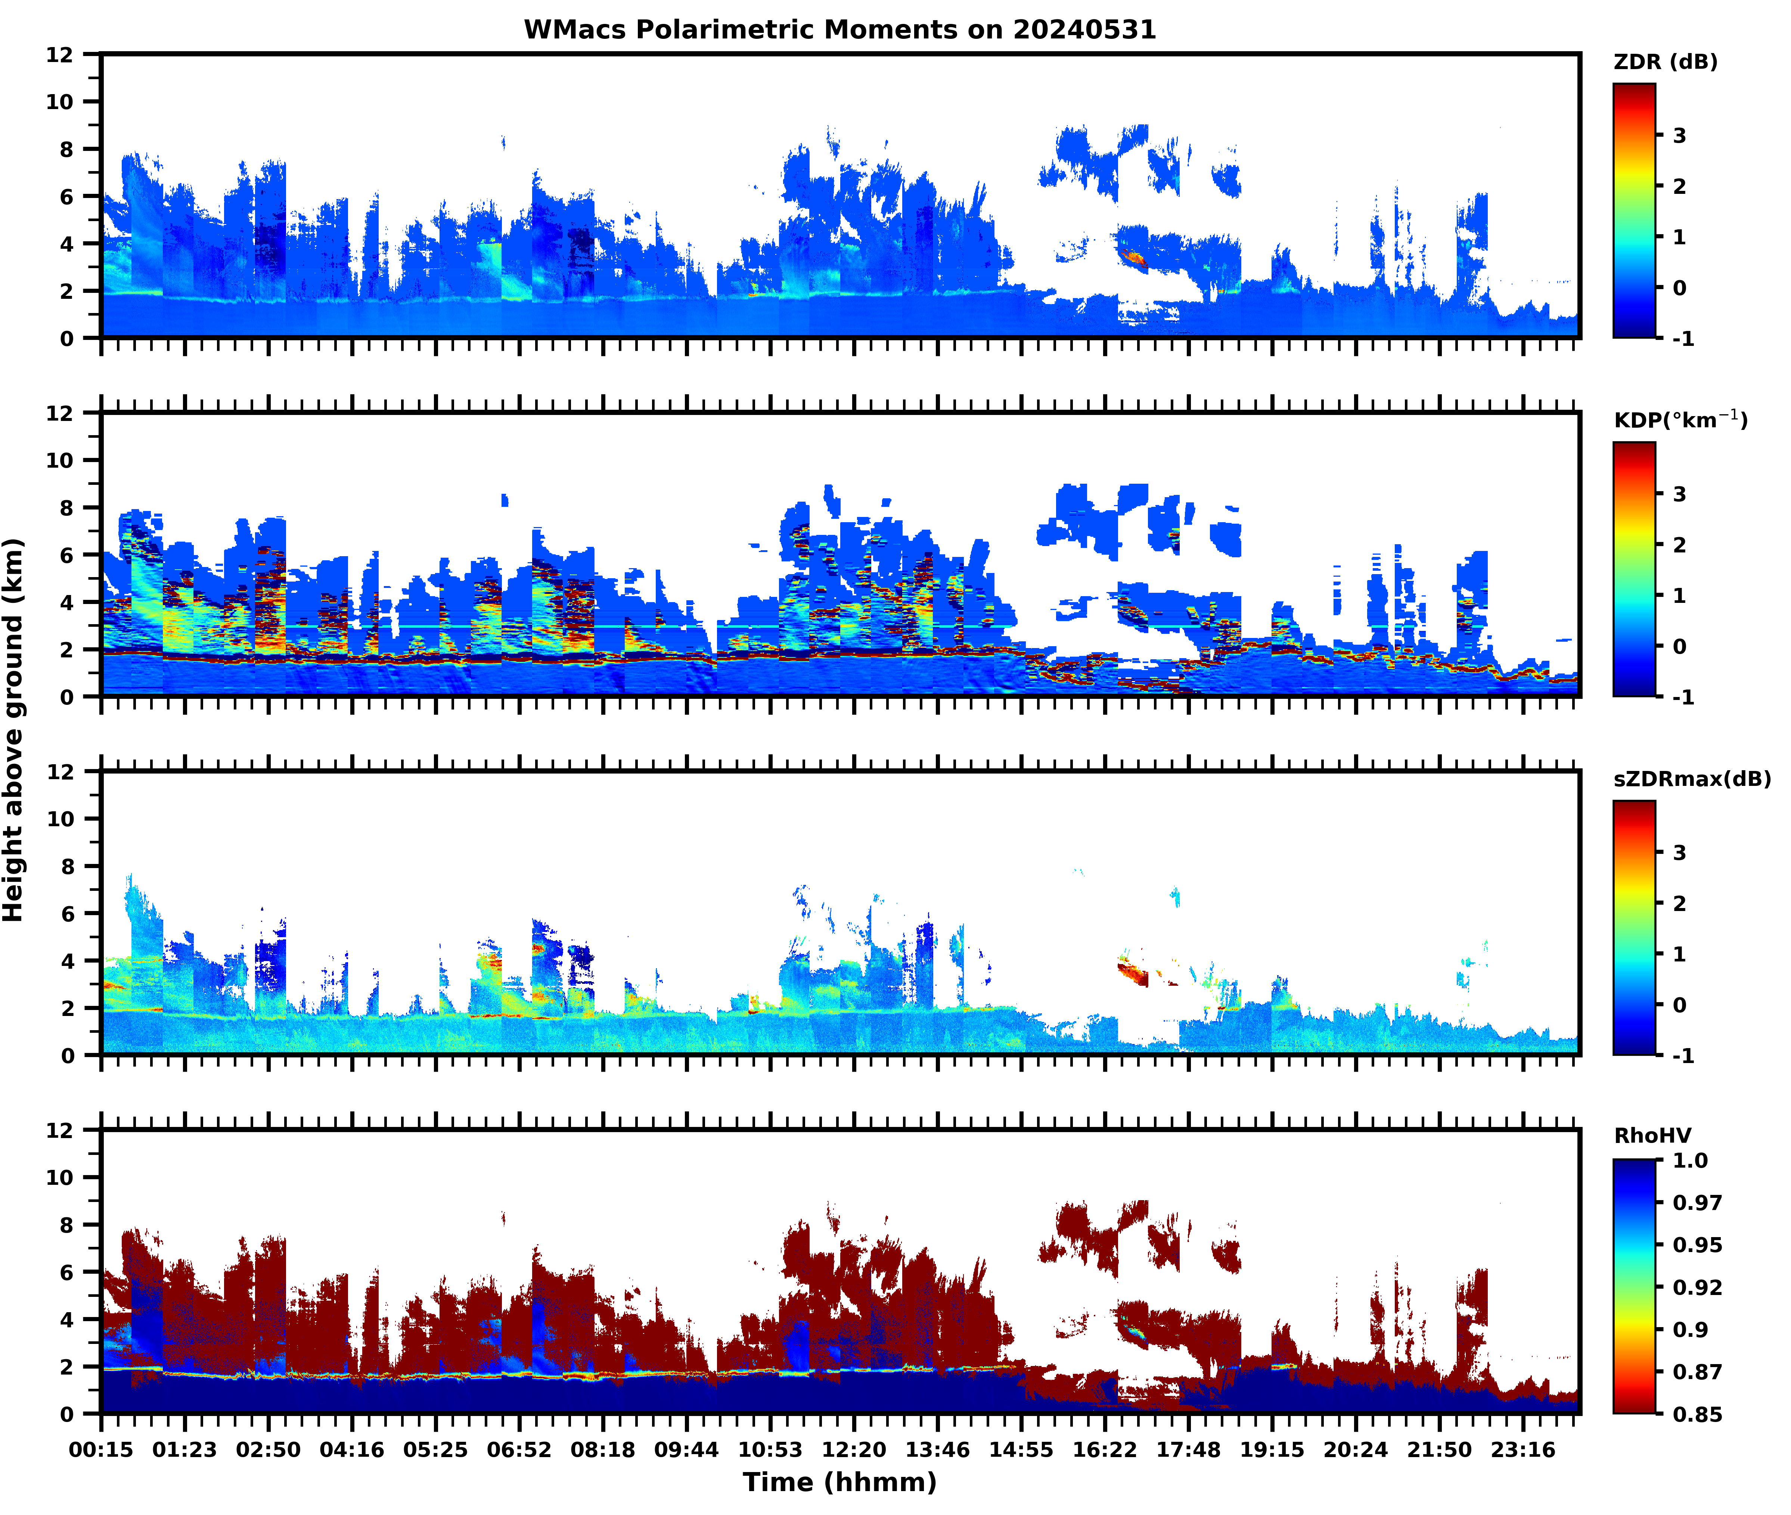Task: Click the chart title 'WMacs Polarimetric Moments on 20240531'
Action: pos(840,30)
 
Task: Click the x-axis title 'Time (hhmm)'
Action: pos(840,1481)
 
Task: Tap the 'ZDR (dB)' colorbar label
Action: pos(1666,62)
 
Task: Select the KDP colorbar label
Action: pos(1680,420)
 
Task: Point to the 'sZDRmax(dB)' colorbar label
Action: pos(1691,779)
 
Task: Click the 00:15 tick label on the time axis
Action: pos(101,1450)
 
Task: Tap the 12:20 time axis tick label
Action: pos(853,1450)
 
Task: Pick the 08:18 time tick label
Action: pos(603,1450)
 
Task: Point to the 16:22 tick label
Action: pos(1104,1450)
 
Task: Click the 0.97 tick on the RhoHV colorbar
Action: pos(1697,1202)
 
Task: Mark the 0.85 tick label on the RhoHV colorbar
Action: pos(1697,1415)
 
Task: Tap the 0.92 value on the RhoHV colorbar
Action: pos(1697,1288)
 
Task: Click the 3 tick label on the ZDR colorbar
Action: pos(1679,136)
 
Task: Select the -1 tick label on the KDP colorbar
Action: pos(1683,697)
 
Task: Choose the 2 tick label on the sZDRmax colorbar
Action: pos(1679,904)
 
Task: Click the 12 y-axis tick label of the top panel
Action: pos(60,55)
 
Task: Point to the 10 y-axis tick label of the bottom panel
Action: pos(60,1177)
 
